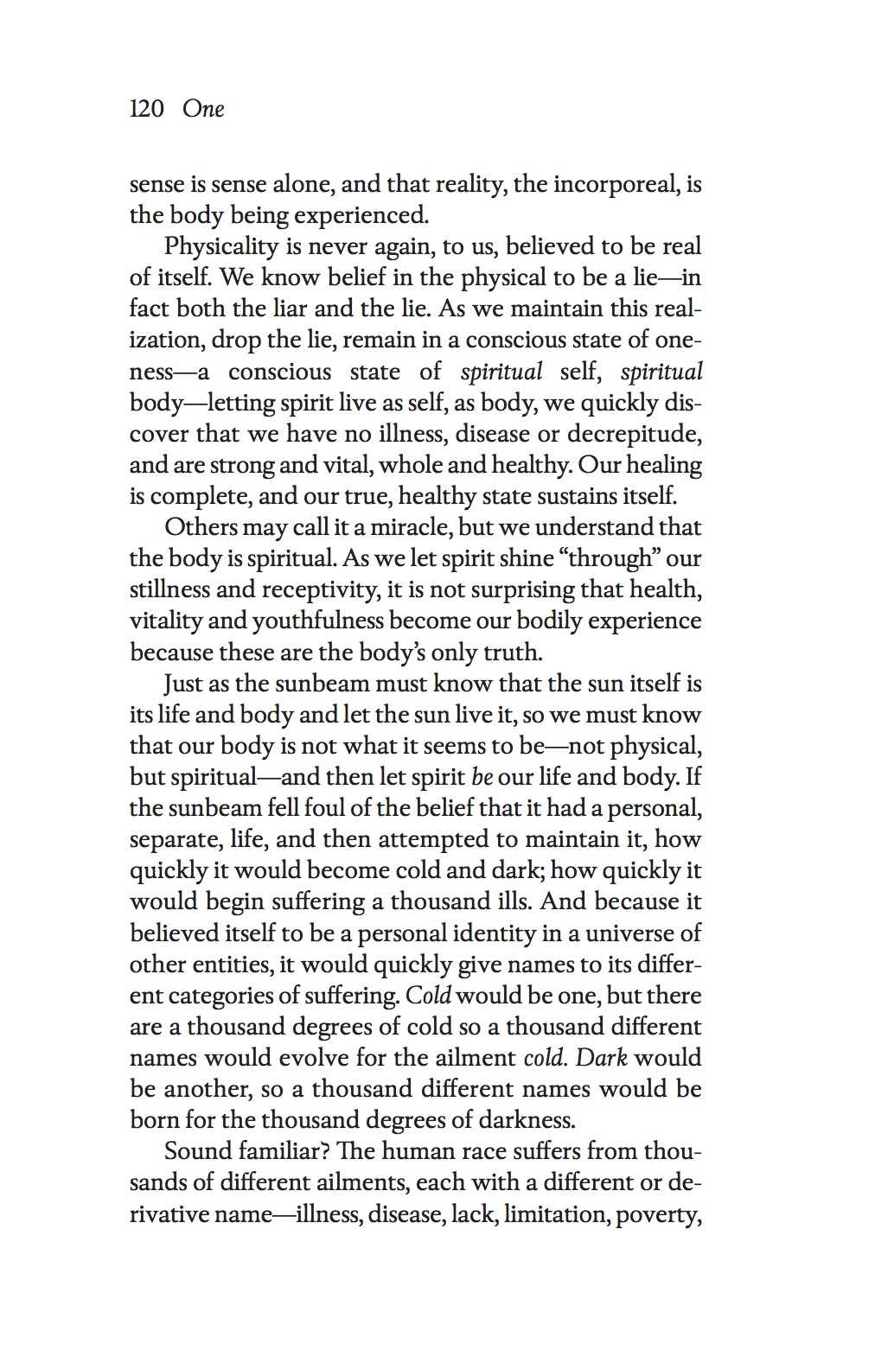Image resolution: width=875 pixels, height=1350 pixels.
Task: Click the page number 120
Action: [x=147, y=109]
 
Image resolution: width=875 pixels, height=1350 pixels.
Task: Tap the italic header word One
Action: [x=203, y=109]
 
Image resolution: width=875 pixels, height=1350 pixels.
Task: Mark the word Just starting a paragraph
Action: [x=183, y=684]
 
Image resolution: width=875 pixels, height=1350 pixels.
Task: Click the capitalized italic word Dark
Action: [x=602, y=1058]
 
